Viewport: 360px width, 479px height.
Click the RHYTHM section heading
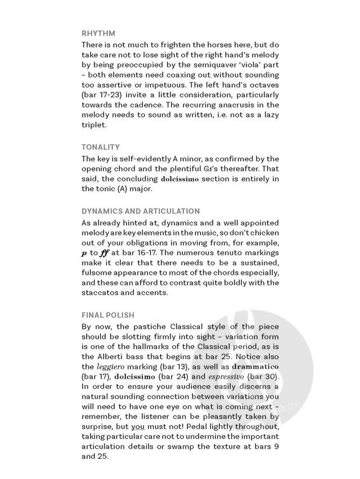[98, 33]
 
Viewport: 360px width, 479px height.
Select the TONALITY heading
[101, 147]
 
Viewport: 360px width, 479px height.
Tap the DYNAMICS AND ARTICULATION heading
[141, 211]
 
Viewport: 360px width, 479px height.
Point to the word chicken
[263, 232]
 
